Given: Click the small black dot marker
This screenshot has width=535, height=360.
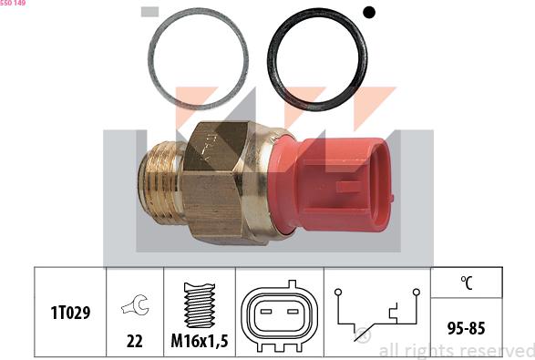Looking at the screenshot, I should click(369, 12).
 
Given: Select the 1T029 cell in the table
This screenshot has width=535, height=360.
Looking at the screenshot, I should click(71, 313).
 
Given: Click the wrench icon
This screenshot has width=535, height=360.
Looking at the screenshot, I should click(135, 307).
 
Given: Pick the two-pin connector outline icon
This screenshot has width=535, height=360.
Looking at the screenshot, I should click(277, 314).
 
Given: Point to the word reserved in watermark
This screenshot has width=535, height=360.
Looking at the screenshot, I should click(497, 350).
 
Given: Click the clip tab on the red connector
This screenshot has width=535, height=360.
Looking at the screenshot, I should click(348, 187).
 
